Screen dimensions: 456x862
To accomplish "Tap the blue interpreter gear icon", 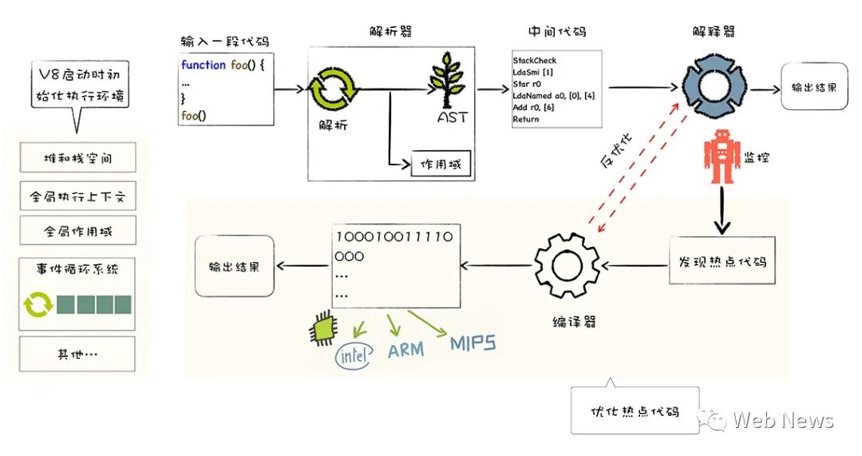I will click(710, 87).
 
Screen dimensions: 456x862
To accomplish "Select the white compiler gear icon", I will click(567, 264).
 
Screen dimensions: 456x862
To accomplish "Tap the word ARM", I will click(405, 349).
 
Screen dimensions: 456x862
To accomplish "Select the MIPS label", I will click(473, 343).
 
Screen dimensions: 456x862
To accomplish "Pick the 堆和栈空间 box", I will click(78, 158).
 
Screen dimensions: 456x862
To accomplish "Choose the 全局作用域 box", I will click(78, 231).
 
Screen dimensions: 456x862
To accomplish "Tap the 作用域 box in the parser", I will click(440, 165).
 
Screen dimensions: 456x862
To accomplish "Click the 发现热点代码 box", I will click(723, 260).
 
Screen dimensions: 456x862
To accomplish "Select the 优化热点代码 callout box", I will click(635, 411).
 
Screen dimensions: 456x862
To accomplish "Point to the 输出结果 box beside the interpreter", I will click(813, 87).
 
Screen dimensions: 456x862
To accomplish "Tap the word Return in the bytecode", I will click(526, 119).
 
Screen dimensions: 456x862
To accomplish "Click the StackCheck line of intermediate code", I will click(535, 61).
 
